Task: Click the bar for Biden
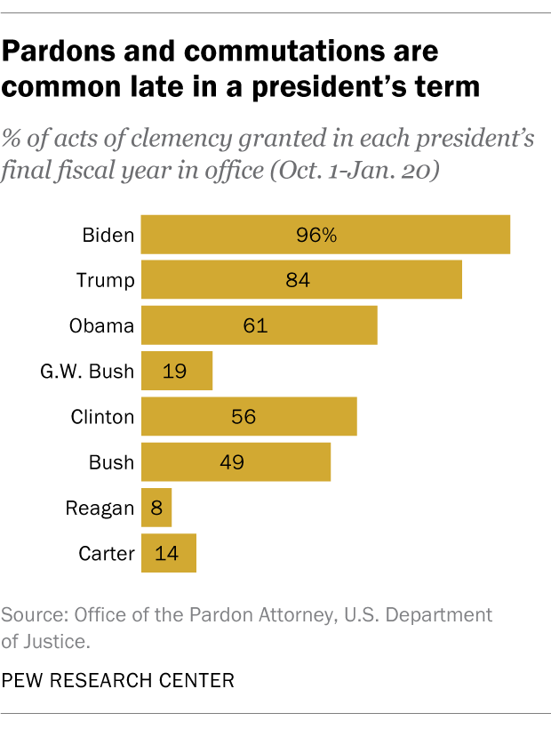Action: coord(325,235)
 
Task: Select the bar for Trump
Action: coord(301,281)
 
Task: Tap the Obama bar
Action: coord(260,325)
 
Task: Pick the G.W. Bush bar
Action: coord(177,371)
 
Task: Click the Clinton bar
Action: coord(249,416)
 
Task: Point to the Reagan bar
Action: coord(156,508)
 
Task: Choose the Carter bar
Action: coord(169,553)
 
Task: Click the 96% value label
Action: coord(316,236)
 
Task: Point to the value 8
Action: coord(156,508)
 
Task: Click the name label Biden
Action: coord(108,236)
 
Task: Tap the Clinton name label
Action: coord(102,416)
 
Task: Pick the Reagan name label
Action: coord(100,508)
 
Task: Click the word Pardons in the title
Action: coord(57,51)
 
